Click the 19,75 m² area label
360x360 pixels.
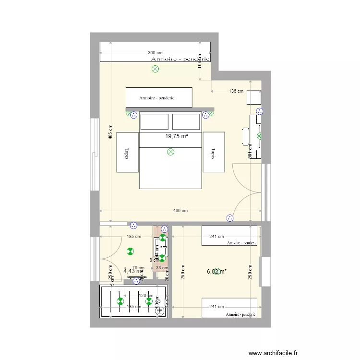177,136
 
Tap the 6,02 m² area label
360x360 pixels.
217,271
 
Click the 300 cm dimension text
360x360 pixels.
155,53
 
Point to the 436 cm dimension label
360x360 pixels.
180,211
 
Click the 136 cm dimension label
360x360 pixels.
236,91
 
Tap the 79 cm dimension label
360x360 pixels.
138,268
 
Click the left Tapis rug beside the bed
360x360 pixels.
127,152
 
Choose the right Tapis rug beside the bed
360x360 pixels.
214,152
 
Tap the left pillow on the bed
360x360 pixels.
155,121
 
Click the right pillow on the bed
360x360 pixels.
186,121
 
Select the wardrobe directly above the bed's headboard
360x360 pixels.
159,97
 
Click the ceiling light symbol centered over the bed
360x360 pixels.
170,152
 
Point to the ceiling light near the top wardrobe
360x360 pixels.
155,69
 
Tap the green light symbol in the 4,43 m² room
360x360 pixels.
130,251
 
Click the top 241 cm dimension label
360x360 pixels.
217,236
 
